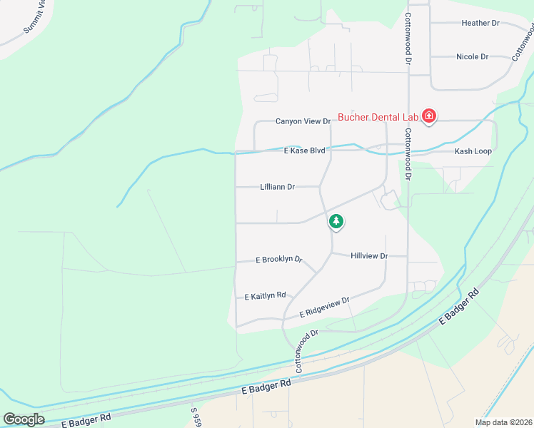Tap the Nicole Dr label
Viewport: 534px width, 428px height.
(x=472, y=56)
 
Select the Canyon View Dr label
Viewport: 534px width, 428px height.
(x=303, y=121)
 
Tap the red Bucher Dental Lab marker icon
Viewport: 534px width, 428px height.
(x=429, y=116)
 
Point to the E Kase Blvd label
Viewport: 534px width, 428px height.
(x=304, y=151)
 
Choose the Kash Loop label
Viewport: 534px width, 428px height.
(x=473, y=152)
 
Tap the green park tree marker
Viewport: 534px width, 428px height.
(x=336, y=222)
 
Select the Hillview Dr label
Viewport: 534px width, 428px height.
(x=369, y=255)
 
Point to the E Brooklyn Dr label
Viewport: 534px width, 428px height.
(x=279, y=260)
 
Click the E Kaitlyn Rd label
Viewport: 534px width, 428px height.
(x=265, y=295)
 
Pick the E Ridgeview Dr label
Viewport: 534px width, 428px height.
(x=325, y=307)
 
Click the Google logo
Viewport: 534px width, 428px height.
(x=24, y=419)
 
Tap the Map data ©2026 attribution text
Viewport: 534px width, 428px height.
(x=503, y=422)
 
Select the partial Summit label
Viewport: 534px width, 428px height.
(x=36, y=17)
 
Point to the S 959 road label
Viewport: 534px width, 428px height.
(x=195, y=418)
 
